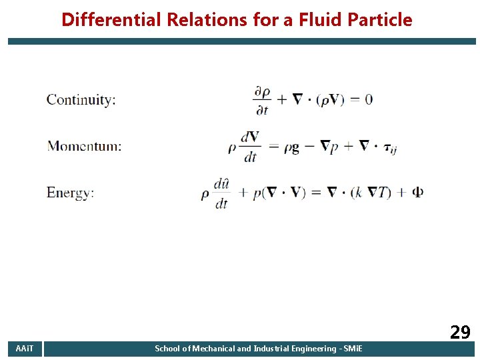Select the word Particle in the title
tap(378, 20)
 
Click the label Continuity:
tap(81, 100)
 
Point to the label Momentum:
tap(84, 146)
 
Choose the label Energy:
tap(70, 193)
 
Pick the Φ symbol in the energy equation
tap(417, 193)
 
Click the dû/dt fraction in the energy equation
tap(221, 193)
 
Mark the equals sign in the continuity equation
tap(351, 99)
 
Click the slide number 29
tap(460, 331)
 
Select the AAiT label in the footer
tap(25, 349)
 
